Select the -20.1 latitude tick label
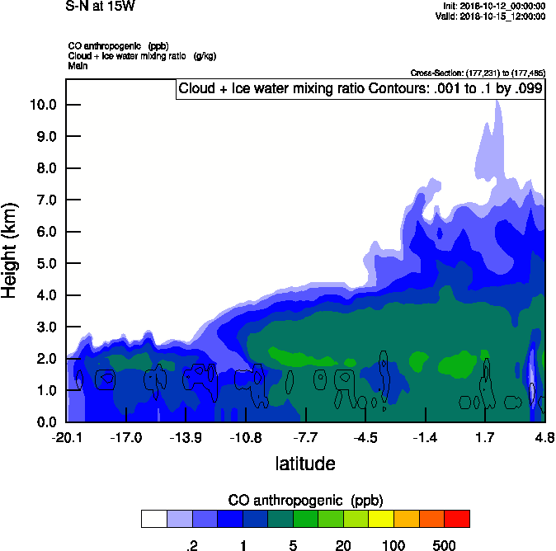point(66,437)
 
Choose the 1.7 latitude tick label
point(485,437)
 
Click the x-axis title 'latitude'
point(305,464)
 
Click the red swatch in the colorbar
point(457,519)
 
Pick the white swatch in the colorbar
point(153,519)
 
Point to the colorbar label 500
point(444,545)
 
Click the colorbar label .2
point(191,545)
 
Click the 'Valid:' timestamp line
point(490,16)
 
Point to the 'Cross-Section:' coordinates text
point(476,73)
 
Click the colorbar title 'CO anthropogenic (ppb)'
point(305,500)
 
